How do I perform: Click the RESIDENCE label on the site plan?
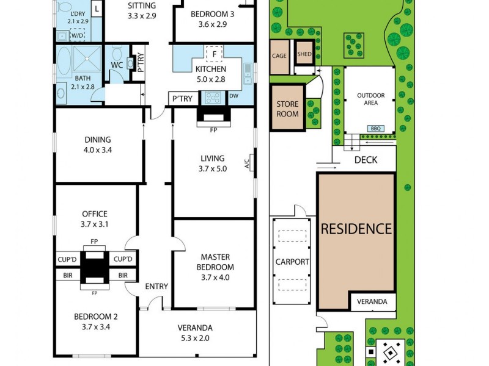356,229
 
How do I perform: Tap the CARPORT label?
292,262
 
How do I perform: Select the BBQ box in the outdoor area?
376,129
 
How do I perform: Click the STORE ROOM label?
287,109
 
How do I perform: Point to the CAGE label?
279,56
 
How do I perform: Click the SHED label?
304,54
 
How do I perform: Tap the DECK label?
366,160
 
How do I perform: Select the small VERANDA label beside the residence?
372,301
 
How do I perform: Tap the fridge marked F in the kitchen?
215,54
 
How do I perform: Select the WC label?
117,65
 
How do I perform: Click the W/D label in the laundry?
78,35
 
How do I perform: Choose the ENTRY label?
156,287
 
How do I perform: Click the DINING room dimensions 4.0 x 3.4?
98,150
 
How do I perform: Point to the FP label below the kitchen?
213,129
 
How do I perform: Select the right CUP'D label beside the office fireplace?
123,259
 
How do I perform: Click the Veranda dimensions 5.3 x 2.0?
195,338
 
